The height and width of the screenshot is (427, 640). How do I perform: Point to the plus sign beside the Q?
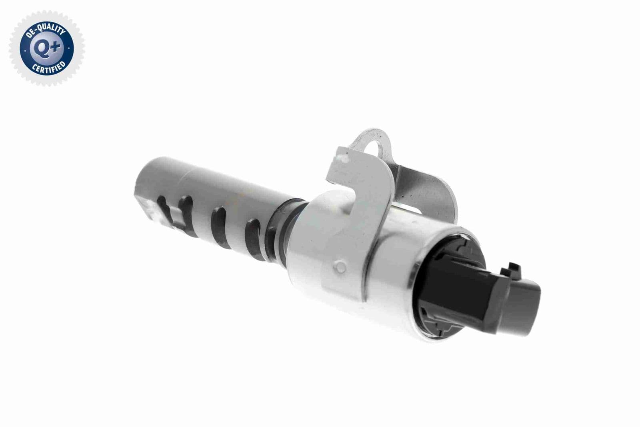click(x=56, y=47)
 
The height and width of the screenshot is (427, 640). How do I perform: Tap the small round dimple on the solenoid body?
click(x=340, y=267)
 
